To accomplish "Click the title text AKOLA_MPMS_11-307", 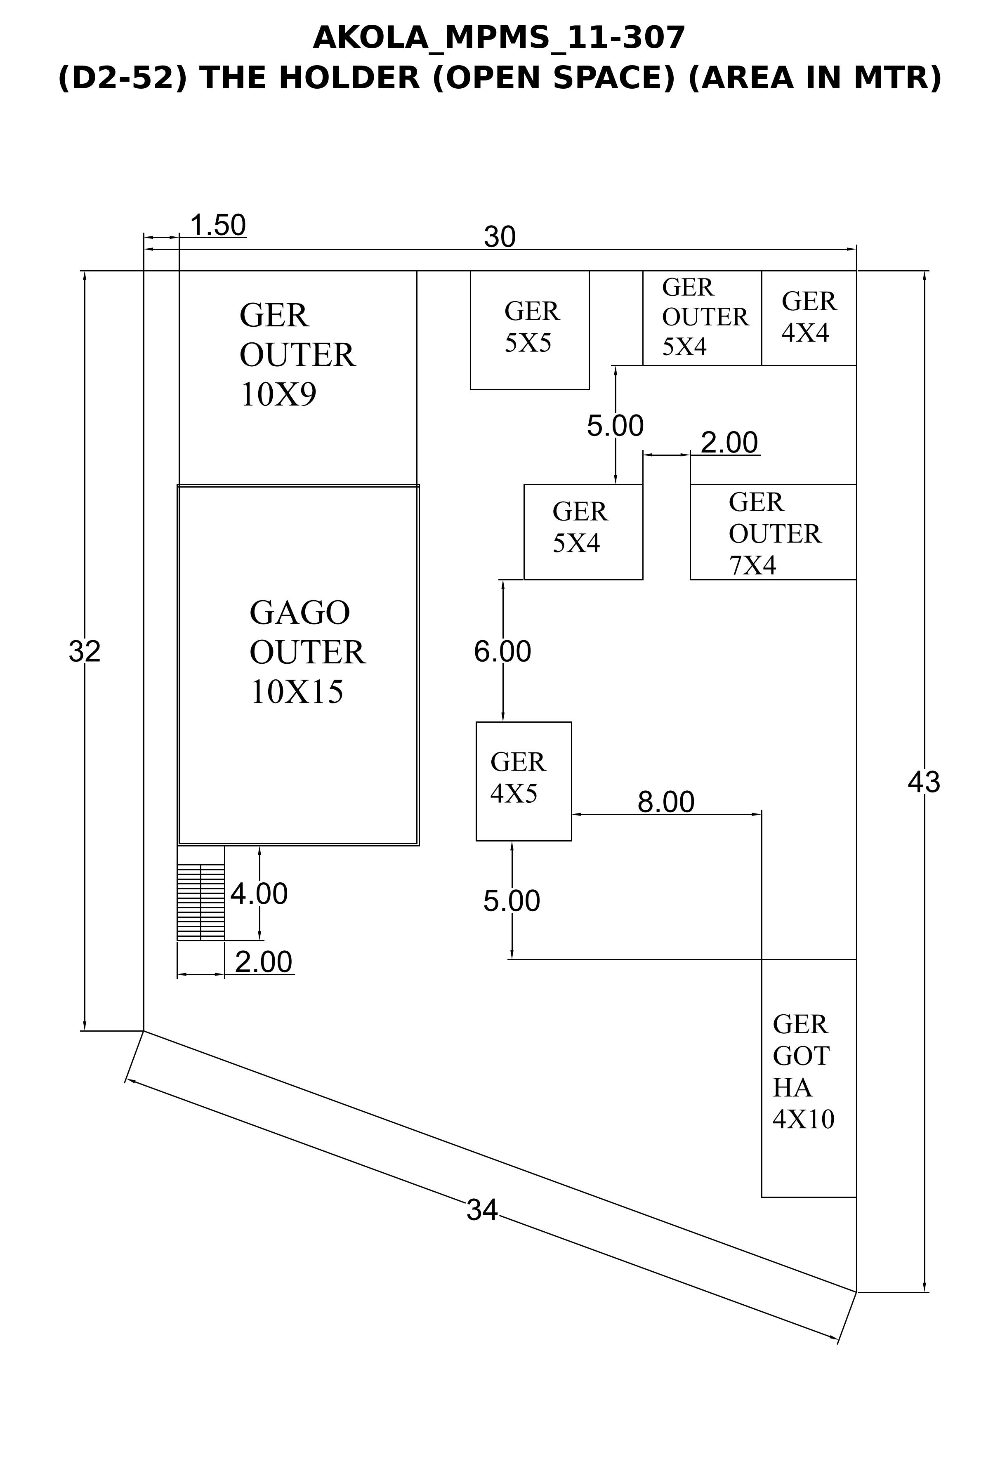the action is point(499,38).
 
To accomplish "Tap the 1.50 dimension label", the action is point(218,225).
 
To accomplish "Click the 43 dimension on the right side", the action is point(924,782).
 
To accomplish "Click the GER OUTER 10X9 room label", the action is point(297,354).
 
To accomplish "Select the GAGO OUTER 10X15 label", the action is point(307,652).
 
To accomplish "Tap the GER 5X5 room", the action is point(530,330).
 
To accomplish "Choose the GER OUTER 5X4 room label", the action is point(705,317).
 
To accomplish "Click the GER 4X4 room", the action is point(809,318).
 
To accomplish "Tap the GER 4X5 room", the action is point(524,781).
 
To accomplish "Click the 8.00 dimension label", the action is point(665,802).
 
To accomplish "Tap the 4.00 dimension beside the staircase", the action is point(259,893).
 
